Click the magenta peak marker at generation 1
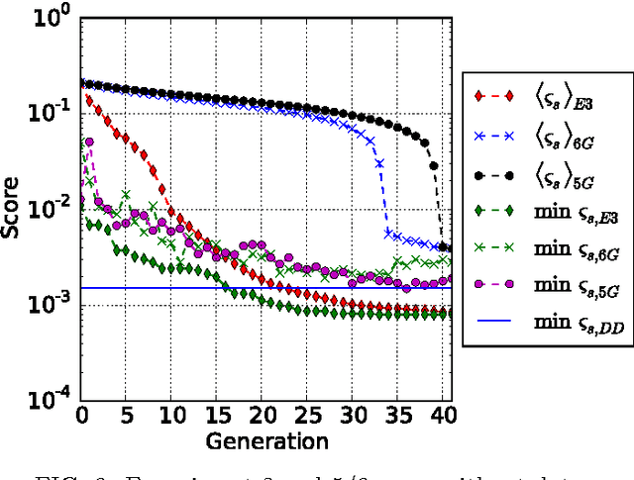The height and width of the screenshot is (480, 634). [89, 143]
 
